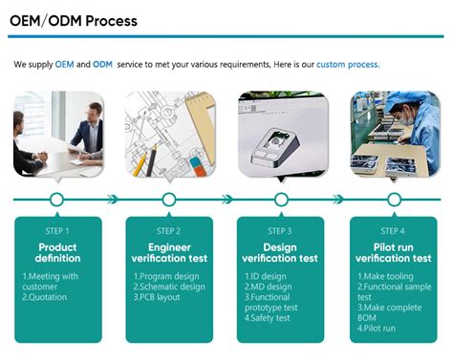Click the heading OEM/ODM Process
click(74, 20)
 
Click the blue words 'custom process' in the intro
click(348, 64)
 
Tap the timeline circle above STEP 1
click(56, 200)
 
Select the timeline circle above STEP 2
click(169, 200)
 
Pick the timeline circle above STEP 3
click(281, 200)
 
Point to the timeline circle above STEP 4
click(393, 200)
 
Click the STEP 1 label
click(57, 231)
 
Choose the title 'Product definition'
click(57, 253)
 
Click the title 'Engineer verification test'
click(169, 253)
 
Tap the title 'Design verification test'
click(281, 253)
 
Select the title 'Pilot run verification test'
click(393, 253)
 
